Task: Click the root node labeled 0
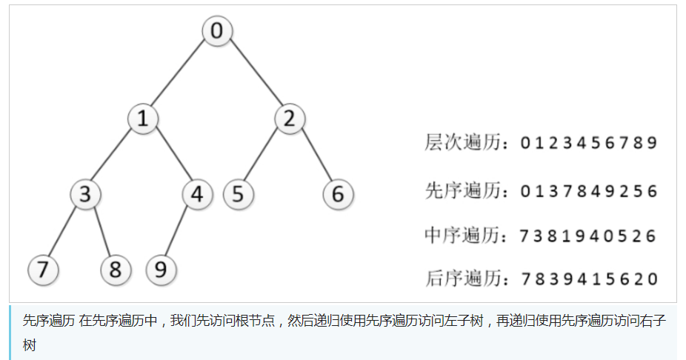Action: point(217,31)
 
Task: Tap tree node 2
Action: point(290,119)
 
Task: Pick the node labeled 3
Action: point(86,195)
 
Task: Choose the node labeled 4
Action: point(197,195)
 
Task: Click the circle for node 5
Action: point(238,195)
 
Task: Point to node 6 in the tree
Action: point(339,195)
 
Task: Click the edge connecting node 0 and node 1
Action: point(180,75)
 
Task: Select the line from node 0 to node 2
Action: point(253,75)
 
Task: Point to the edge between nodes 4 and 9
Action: point(179,232)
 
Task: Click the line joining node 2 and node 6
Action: point(314,156)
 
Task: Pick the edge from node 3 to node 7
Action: point(65,232)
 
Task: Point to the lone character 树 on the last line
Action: point(29,345)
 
